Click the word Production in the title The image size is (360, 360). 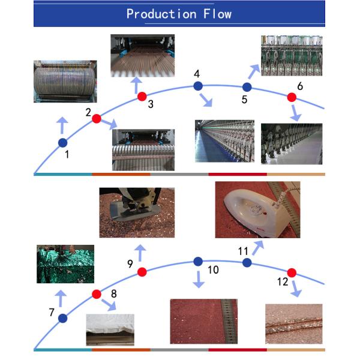(x=161, y=14)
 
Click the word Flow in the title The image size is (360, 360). (x=217, y=14)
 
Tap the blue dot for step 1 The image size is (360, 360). (x=62, y=143)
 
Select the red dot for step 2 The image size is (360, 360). (x=97, y=118)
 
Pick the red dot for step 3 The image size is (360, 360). (x=142, y=97)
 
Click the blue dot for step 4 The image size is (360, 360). (x=198, y=86)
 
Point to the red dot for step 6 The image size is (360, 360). (x=292, y=97)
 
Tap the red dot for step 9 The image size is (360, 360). (x=142, y=272)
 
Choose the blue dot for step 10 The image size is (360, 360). (x=198, y=262)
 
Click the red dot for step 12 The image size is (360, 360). (x=292, y=273)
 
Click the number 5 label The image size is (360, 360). (x=244, y=100)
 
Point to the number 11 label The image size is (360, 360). (x=243, y=251)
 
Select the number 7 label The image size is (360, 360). (x=52, y=312)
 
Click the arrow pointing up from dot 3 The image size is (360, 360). (x=137, y=85)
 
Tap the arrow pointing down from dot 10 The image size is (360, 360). (x=199, y=280)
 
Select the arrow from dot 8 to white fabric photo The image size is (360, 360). (x=109, y=305)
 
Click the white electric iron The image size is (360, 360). (x=256, y=212)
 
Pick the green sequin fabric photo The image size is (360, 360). (x=65, y=264)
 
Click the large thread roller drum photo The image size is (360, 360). (x=65, y=82)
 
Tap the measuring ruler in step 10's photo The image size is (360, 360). (x=229, y=322)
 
